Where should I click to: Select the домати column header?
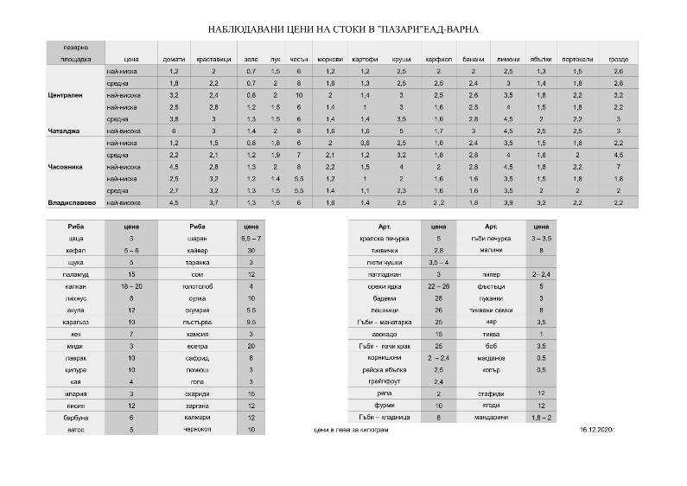[174, 59]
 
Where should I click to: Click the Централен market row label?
[67, 94]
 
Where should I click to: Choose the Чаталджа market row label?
[64, 131]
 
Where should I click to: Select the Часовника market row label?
[66, 166]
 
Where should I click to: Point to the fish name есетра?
[197, 344]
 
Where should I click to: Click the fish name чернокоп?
[197, 428]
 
